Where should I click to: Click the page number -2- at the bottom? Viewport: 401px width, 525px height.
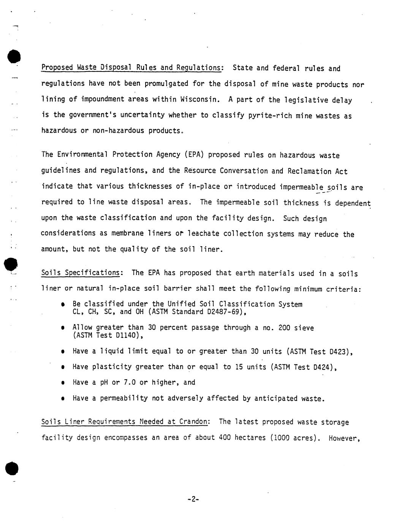(x=193, y=499)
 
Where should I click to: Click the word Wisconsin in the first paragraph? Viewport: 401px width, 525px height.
(x=199, y=100)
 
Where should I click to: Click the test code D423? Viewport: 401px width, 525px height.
(x=339, y=352)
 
